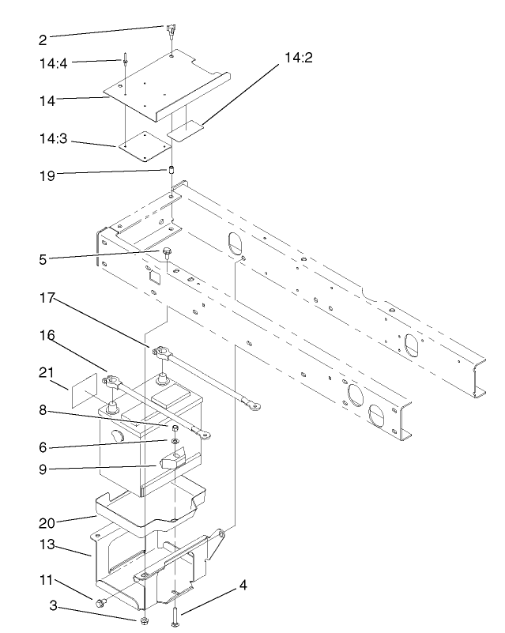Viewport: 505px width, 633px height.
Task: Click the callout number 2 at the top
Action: pos(42,39)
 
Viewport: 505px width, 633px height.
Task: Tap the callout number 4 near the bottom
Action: pos(243,586)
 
